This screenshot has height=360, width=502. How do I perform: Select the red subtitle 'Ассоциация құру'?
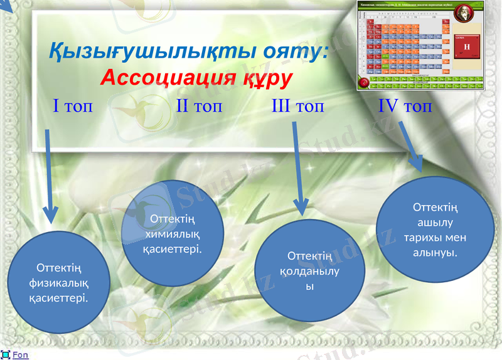point(196,78)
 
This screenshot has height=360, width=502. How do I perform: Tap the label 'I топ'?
point(73,105)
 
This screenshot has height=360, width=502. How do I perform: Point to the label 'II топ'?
point(199,105)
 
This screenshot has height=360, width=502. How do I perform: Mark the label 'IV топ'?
point(405,105)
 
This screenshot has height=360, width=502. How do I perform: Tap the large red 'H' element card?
point(466,47)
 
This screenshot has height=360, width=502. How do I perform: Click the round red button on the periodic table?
point(363,83)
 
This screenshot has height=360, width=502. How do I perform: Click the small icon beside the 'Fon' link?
point(5,355)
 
